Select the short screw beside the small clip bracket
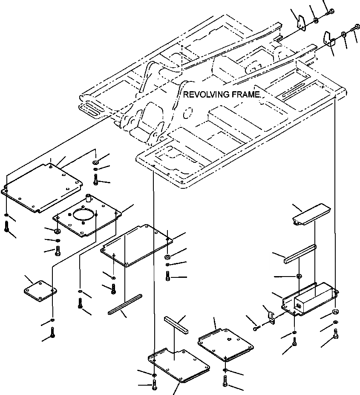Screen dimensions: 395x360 [x=256, y=327]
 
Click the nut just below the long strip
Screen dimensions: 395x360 [x=299, y=276]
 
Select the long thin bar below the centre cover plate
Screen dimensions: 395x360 [x=125, y=304]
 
